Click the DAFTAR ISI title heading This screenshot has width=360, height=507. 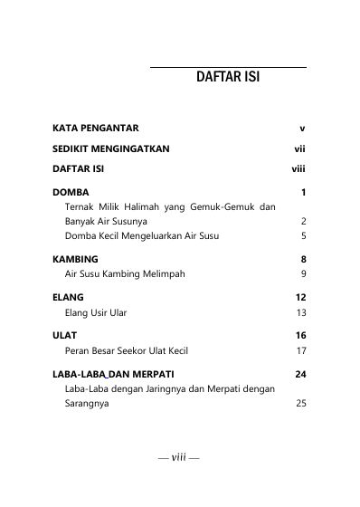coord(227,78)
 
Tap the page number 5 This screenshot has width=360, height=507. coord(303,235)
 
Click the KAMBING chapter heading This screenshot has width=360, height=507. coord(75,259)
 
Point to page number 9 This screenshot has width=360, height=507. coord(303,273)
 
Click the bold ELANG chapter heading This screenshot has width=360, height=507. coord(68,297)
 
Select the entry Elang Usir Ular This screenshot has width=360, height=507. coord(96,312)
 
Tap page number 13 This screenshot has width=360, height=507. coord(301,312)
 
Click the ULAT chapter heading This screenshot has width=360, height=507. coord(64,335)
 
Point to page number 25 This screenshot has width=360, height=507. coord(301,405)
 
